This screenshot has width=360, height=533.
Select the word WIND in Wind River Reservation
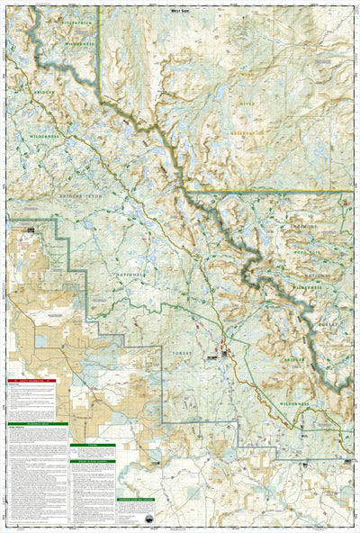[247, 76]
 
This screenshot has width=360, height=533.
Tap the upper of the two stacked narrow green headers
[93, 445]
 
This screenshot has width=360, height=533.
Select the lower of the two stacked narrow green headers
[93, 461]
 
